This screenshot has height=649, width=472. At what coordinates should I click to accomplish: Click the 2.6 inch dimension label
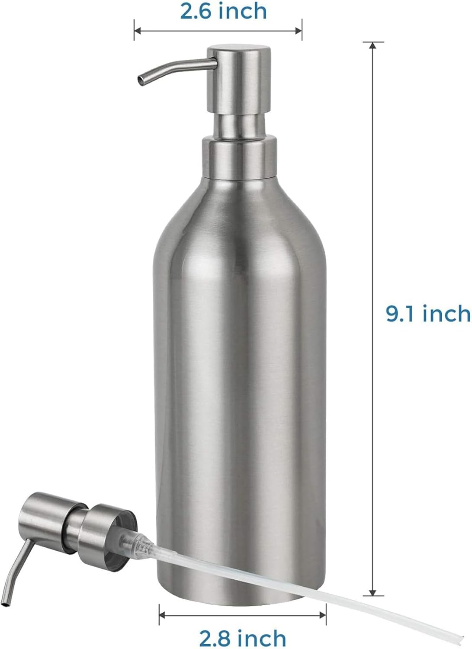click(x=223, y=11)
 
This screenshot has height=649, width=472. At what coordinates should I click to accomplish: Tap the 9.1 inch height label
click(x=427, y=313)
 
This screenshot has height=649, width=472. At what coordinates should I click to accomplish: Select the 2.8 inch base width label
click(x=242, y=638)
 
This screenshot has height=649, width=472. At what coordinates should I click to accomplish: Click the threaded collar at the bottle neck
click(x=239, y=158)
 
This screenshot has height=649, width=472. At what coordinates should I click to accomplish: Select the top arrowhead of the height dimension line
click(x=372, y=44)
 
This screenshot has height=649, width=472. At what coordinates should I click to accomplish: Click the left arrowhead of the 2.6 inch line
click(x=137, y=30)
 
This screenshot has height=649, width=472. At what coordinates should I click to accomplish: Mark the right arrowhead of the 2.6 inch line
click(x=299, y=30)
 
